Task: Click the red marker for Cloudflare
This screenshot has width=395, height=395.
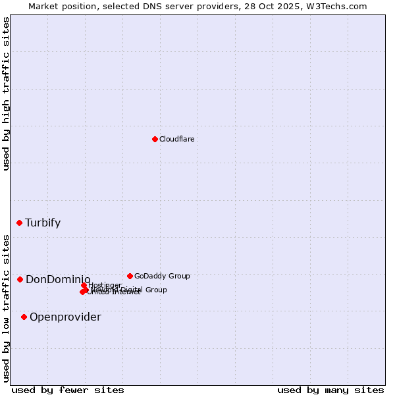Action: pyautogui.click(x=155, y=139)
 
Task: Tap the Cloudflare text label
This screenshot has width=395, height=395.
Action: pyautogui.click(x=177, y=139)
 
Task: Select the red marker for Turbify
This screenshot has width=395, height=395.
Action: pyautogui.click(x=20, y=223)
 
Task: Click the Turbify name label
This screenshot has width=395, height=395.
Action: pyautogui.click(x=43, y=223)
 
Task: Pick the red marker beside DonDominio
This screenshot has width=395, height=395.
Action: pyautogui.click(x=20, y=280)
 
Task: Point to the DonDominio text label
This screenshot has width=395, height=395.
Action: pyautogui.click(x=58, y=280)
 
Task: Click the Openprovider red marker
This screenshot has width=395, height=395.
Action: pyautogui.click(x=24, y=317)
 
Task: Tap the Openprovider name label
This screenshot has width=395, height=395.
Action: pyautogui.click(x=65, y=317)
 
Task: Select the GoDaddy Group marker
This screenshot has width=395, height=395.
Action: pyautogui.click(x=130, y=276)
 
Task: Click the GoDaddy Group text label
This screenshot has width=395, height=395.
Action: pyautogui.click(x=162, y=276)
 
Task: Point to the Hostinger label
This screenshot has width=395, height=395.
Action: pyautogui.click(x=105, y=285)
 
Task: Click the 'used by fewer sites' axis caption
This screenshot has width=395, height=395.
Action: pyautogui.click(x=68, y=390)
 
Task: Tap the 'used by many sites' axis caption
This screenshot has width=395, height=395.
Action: pyautogui.click(x=330, y=390)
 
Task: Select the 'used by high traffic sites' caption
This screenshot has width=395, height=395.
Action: pyautogui.click(x=7, y=93)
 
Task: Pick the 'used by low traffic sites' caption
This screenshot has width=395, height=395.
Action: pyautogui.click(x=7, y=308)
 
